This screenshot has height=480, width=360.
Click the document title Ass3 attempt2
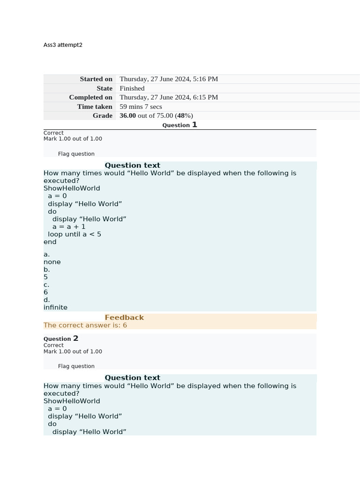(63, 45)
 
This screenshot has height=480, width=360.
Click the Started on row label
(96, 79)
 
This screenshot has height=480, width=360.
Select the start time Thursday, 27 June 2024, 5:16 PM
(169, 79)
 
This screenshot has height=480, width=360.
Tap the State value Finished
(132, 88)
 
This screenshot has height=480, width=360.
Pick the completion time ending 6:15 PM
(169, 97)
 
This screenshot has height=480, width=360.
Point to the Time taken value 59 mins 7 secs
(141, 106)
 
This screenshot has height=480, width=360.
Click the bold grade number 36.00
(127, 116)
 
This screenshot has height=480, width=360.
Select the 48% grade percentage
(184, 116)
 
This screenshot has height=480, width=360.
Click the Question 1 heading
(180, 125)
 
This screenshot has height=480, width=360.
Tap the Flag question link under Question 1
(76, 154)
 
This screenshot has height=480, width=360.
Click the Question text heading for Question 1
(132, 165)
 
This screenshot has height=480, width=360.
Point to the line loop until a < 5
(75, 234)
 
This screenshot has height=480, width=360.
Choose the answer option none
(52, 262)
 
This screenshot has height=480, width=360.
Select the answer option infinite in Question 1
(55, 307)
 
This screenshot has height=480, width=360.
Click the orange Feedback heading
(124, 317)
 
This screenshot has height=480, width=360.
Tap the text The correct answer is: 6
(85, 325)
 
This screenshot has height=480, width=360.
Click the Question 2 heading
(61, 338)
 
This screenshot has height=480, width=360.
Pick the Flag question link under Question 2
(76, 366)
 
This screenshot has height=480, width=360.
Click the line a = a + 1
(69, 226)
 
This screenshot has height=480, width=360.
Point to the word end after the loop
(50, 242)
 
